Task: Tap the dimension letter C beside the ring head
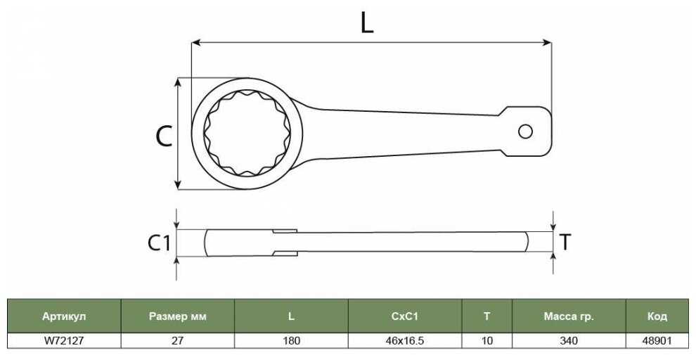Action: click(x=164, y=136)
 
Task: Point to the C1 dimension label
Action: click(x=159, y=243)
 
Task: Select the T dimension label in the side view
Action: click(x=565, y=243)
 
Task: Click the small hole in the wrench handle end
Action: click(x=526, y=131)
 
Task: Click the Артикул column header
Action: click(x=64, y=316)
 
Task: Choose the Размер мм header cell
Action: click(x=178, y=316)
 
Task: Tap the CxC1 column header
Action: click(x=405, y=316)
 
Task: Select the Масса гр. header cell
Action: click(x=569, y=316)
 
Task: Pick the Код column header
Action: click(x=657, y=316)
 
